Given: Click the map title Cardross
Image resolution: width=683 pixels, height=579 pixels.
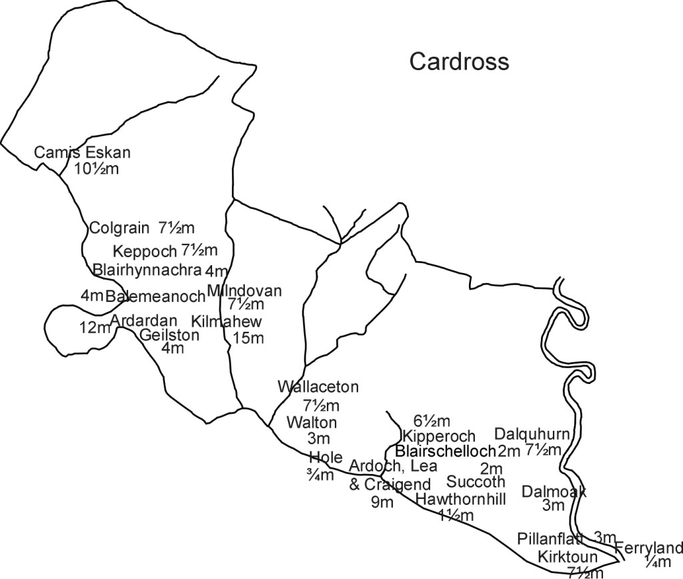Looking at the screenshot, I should pyautogui.click(x=459, y=61).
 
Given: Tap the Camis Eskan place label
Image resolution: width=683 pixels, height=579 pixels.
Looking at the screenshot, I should pyautogui.click(x=82, y=153).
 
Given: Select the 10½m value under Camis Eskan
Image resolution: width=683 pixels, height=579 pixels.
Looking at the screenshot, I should pyautogui.click(x=96, y=168).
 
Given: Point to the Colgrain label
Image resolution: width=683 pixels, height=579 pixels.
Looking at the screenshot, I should pyautogui.click(x=119, y=228).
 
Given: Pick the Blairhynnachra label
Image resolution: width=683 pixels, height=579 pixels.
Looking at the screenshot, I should pyautogui.click(x=147, y=270).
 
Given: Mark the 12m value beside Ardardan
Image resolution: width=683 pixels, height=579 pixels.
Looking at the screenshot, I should pyautogui.click(x=93, y=327).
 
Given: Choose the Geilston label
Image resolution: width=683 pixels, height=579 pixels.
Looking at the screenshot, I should pyautogui.click(x=169, y=335).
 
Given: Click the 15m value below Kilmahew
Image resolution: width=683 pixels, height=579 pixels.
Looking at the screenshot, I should pyautogui.click(x=248, y=338).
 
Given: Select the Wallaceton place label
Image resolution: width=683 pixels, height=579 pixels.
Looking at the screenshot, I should pyautogui.click(x=318, y=387).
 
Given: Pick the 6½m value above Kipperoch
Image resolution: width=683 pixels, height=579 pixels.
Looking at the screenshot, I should pyautogui.click(x=431, y=421).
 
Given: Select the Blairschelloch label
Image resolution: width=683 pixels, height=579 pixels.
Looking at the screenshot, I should pyautogui.click(x=446, y=451).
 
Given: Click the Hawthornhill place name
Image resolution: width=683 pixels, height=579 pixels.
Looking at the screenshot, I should pyautogui.click(x=460, y=499).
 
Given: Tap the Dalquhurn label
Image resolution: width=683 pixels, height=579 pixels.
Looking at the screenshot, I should pyautogui.click(x=532, y=433).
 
